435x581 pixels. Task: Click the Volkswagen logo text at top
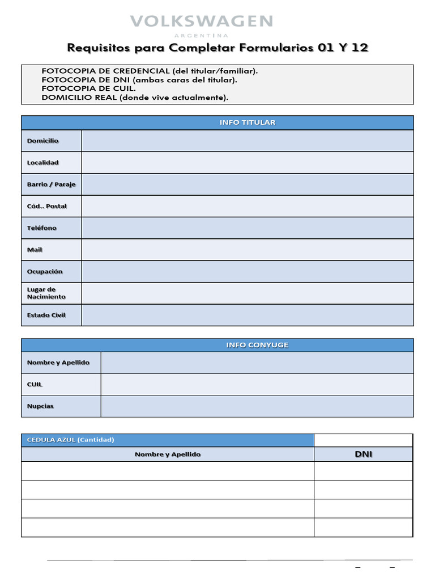click(x=201, y=22)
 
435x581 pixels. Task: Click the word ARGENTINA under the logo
click(x=201, y=35)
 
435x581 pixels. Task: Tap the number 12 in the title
click(x=359, y=48)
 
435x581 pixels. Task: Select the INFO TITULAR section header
click(x=248, y=123)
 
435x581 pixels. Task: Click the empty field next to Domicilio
click(x=247, y=141)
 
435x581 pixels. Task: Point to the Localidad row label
click(x=43, y=163)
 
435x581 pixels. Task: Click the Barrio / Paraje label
click(x=51, y=184)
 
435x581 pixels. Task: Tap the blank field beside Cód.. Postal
click(x=247, y=206)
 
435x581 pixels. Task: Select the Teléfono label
click(x=42, y=228)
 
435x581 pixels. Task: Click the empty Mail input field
click(x=247, y=250)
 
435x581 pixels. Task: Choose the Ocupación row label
click(x=45, y=272)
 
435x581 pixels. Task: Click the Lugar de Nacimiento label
click(x=46, y=293)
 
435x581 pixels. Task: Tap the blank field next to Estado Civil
click(x=247, y=315)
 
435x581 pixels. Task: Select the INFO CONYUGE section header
click(x=249, y=345)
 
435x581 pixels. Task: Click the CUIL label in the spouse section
click(x=35, y=385)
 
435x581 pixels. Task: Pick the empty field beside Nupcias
click(x=257, y=406)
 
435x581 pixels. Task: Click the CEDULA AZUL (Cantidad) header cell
click(x=71, y=440)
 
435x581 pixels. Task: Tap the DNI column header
click(x=363, y=454)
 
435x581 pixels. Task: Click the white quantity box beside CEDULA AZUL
click(x=363, y=440)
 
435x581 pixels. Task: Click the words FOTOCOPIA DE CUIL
click(x=88, y=89)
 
